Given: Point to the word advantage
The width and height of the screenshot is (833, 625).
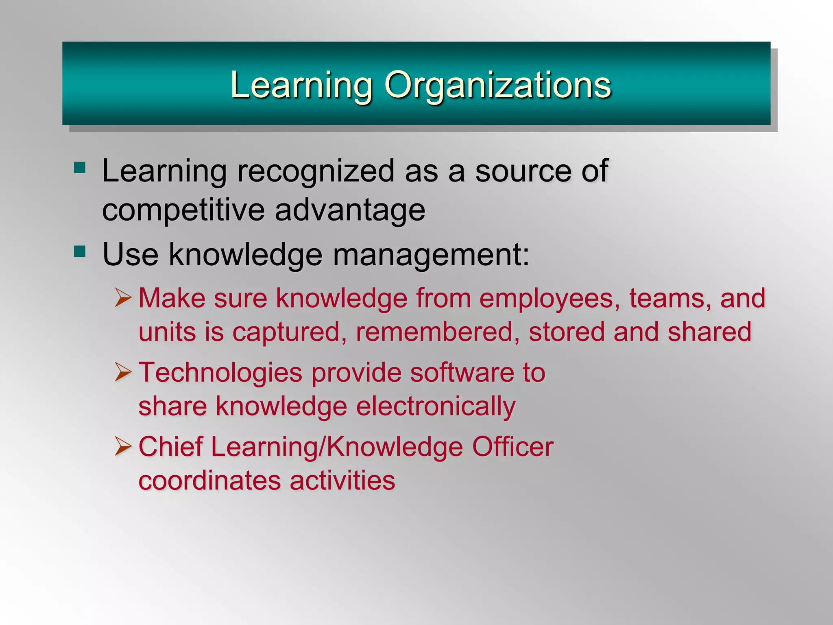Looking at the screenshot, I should pos(350,210).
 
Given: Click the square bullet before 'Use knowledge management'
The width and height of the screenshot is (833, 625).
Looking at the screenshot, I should pos(80,251).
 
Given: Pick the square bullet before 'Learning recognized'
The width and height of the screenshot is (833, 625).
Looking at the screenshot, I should pos(80,168).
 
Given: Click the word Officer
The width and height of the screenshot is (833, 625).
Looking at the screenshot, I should pos(513,447).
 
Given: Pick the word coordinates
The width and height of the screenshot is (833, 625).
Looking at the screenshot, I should pos(209,481).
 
